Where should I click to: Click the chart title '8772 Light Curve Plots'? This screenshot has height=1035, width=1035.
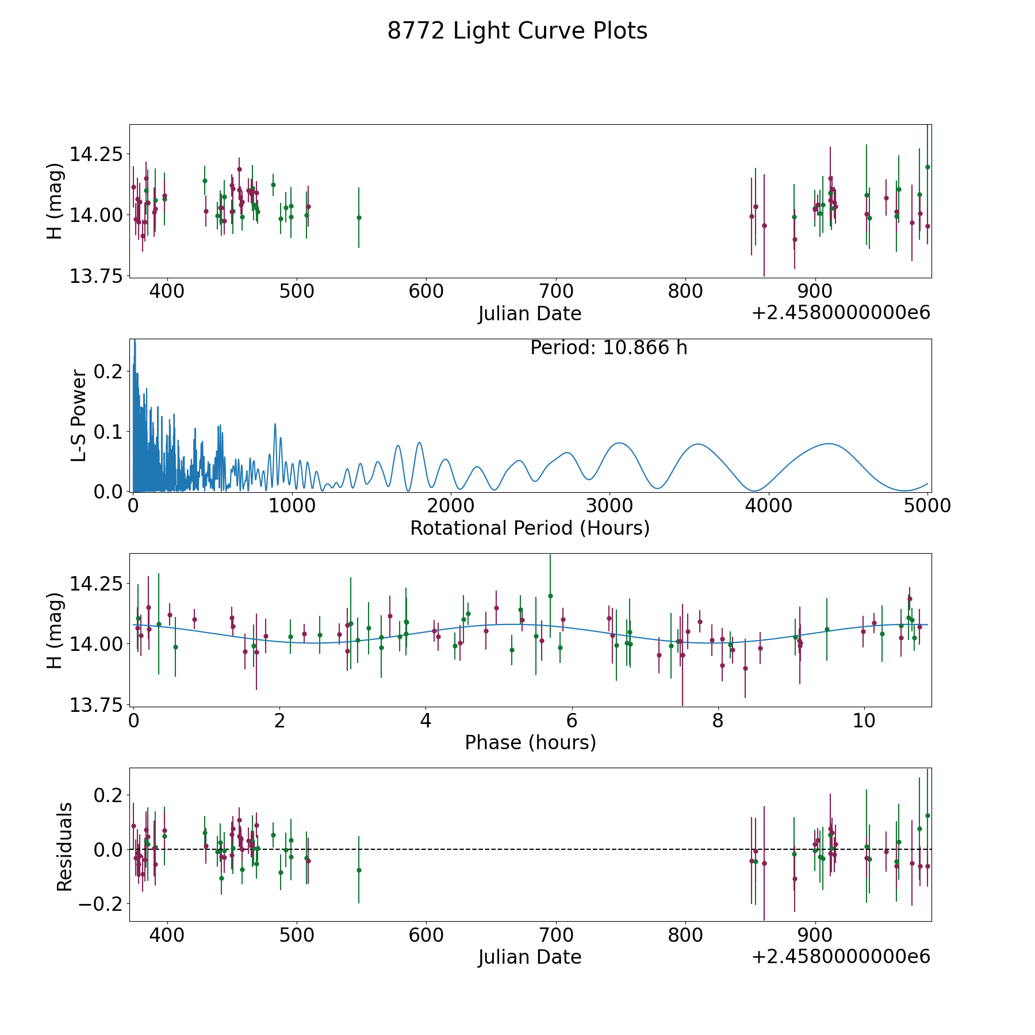point(517,31)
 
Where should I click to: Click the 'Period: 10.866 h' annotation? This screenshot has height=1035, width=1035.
point(608,348)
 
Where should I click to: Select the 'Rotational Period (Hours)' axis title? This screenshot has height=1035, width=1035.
point(530,528)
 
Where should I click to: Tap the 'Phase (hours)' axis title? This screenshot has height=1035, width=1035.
point(530,742)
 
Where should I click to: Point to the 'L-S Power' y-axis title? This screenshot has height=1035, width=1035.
point(79,416)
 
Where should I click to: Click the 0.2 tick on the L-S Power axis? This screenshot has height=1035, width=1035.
point(108,371)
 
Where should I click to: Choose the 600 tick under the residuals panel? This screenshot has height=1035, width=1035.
point(426,935)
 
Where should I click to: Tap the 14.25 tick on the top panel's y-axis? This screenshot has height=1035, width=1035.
point(96,155)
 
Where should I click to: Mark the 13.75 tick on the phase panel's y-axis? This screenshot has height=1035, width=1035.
point(96,705)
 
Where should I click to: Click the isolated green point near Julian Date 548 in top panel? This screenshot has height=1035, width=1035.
point(359,217)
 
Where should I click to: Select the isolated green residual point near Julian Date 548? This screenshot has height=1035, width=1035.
point(359,870)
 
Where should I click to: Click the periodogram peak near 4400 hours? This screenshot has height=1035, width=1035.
point(828,443)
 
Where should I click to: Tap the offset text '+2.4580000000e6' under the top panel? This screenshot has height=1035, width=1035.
point(841,313)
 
